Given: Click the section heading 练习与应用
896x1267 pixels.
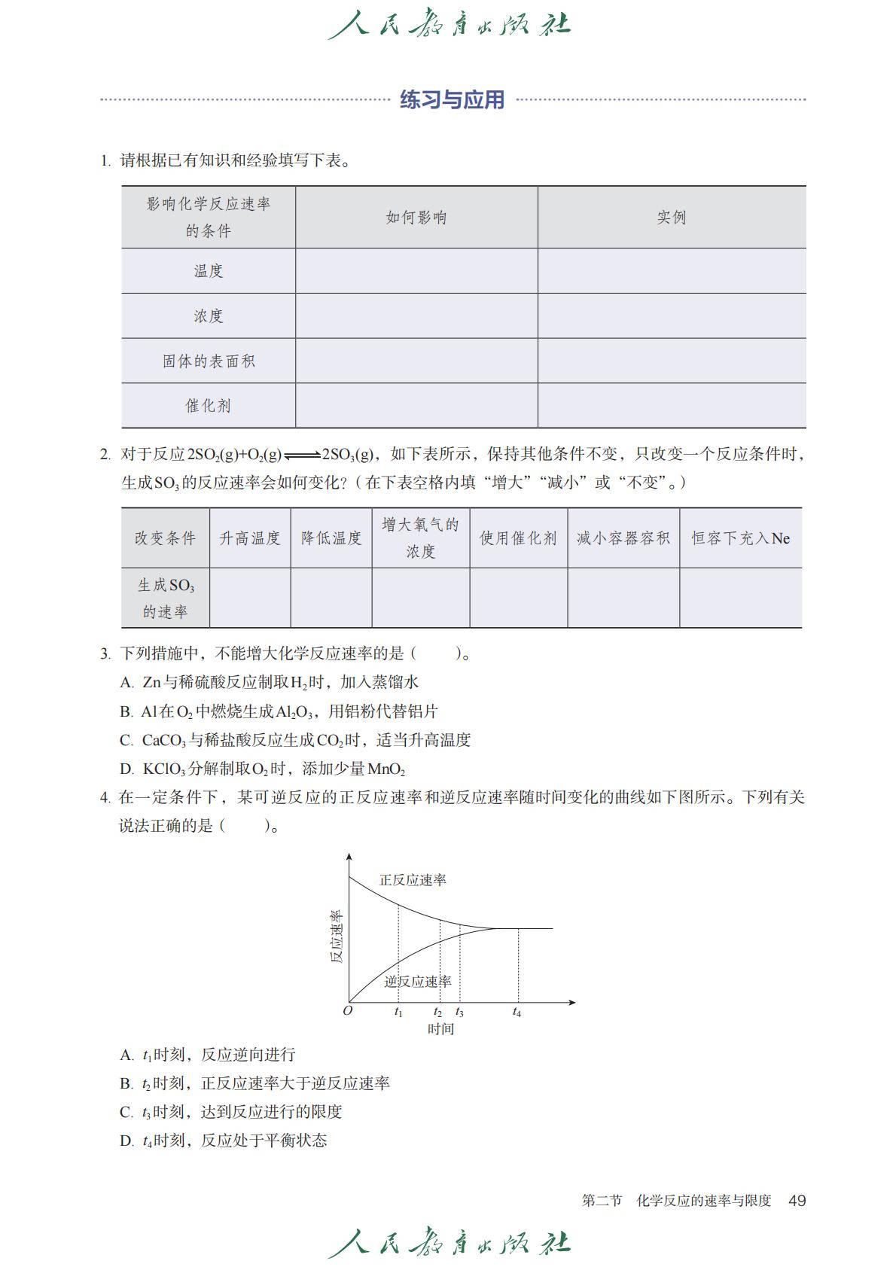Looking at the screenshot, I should coord(452,99).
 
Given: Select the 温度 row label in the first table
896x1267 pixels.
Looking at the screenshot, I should coord(209,271).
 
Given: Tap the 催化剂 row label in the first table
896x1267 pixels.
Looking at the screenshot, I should coord(209,406).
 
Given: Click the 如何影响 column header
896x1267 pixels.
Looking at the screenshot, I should coord(416,218).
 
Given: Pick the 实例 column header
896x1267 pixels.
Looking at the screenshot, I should coord(672,218).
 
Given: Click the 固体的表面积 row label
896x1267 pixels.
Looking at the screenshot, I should coord(209,361).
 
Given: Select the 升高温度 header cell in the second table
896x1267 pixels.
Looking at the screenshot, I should coord(250,538).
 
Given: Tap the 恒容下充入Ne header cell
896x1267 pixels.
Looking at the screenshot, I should coord(741,538).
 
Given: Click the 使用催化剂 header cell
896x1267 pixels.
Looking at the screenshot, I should coord(519,538).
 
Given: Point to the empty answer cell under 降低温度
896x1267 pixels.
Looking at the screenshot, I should coord(331,598).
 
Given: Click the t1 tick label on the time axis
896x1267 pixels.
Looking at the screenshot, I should coord(398,1013).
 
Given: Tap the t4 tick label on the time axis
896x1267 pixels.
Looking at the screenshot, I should coord(517,1013).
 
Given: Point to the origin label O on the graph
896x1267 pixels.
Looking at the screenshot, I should coord(347,1011).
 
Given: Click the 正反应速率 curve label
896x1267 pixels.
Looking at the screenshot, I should coord(413,880).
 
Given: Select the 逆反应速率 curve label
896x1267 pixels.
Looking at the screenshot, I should coord(418,982).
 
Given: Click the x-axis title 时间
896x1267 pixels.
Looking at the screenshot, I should coord(440,1029).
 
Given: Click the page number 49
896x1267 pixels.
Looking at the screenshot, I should coord(797,1201).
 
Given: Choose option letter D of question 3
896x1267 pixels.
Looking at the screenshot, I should coord(126,769).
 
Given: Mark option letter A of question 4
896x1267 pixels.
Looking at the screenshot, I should coord(126,1055).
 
